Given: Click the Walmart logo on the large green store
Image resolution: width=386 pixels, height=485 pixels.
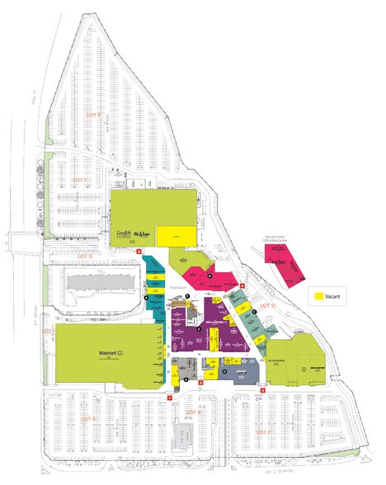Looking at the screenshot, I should click(x=110, y=353).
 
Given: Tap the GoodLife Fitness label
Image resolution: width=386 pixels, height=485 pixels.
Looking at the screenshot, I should click(x=125, y=233).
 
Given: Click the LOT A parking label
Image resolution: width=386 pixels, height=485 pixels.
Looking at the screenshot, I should click(x=89, y=420).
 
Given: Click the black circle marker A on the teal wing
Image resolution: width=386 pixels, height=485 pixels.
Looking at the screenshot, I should click(x=147, y=297).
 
